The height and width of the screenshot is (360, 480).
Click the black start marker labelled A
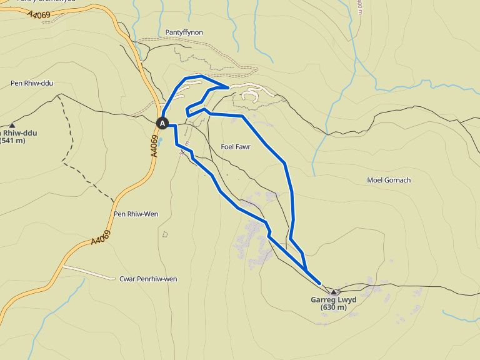[163, 123]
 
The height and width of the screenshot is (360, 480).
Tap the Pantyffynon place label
[184, 32]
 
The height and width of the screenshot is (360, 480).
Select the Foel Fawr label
[236, 147]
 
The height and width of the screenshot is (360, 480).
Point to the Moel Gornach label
[389, 180]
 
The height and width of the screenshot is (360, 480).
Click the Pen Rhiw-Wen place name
[136, 214]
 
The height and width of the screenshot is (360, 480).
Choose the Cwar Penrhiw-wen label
[148, 279]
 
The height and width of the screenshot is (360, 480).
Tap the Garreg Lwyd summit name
[333, 300]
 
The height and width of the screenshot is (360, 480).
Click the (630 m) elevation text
[333, 307]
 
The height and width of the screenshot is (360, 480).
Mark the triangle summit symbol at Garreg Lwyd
[334, 292]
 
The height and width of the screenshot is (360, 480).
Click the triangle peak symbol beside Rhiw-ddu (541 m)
[12, 126]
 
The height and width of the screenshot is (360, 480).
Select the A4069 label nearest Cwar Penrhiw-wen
[100, 238]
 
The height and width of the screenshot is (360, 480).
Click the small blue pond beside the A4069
[161, 141]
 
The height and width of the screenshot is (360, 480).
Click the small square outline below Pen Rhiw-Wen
[165, 234]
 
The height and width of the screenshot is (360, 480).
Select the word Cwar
[127, 279]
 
